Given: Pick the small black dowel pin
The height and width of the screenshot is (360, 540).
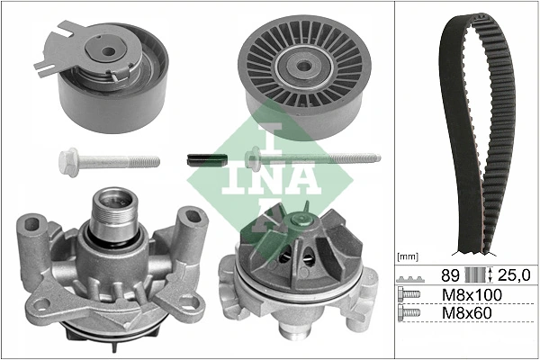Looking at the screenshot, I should pos(204,159).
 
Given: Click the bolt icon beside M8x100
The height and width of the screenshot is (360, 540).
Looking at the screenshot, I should pos(409,295).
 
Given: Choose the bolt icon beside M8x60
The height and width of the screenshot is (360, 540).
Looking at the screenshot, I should pos(409,314).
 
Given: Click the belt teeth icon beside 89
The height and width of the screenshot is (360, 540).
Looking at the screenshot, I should pos(409,275).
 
